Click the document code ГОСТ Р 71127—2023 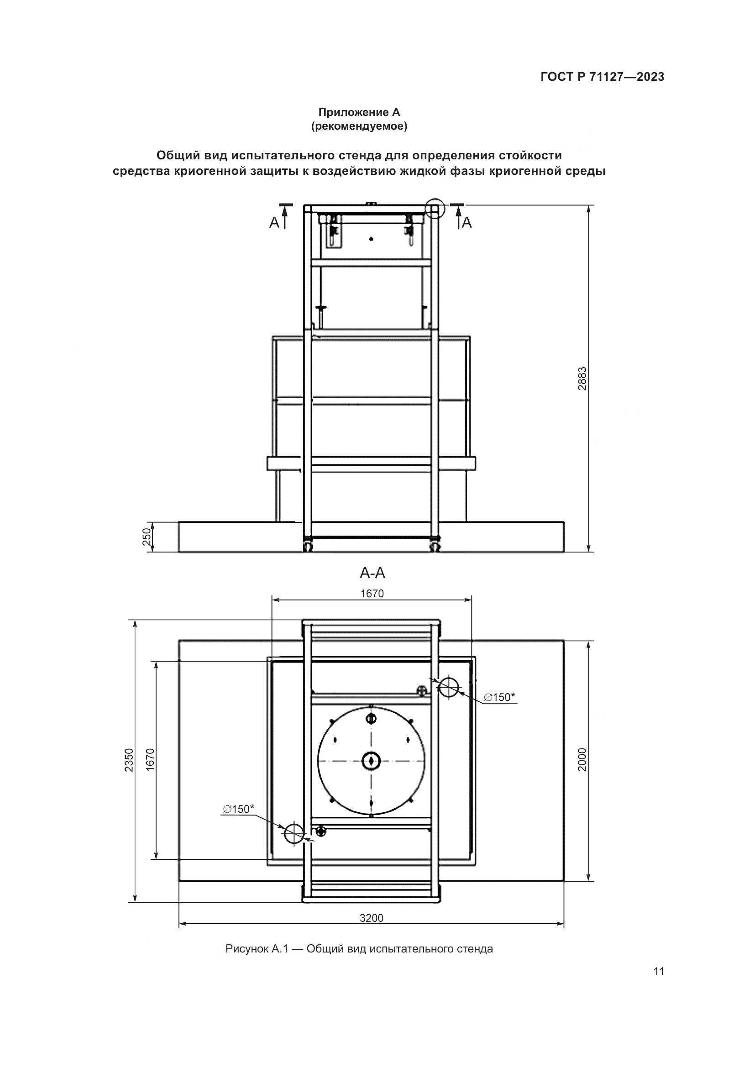tap(603, 77)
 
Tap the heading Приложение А tap(359, 112)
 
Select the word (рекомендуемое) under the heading tap(359, 126)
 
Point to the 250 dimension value tap(147, 537)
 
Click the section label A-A tap(372, 573)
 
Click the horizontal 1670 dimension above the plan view tap(372, 594)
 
